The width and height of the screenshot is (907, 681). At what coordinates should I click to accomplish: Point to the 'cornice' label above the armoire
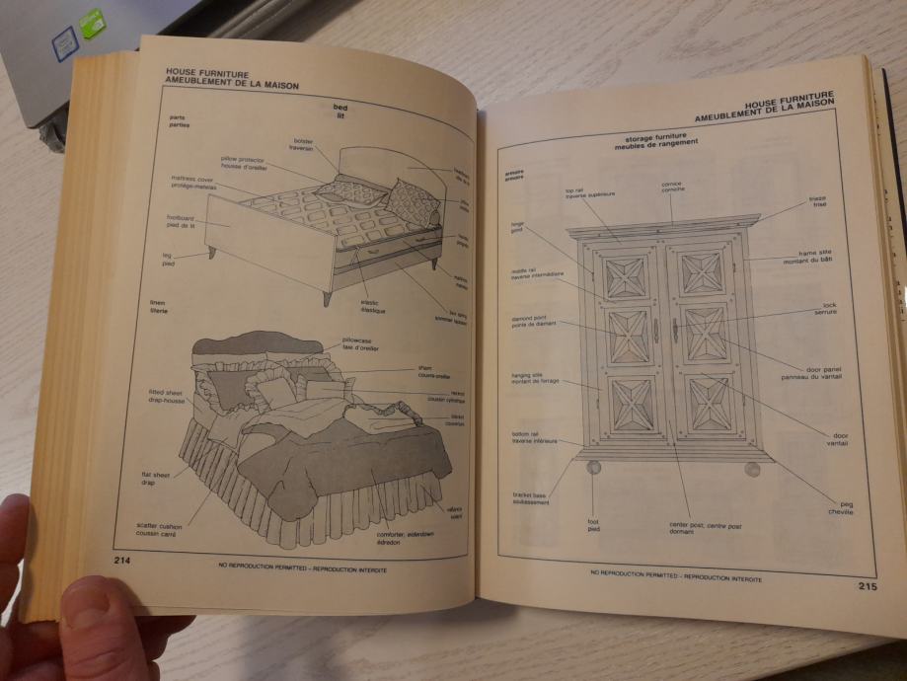673,186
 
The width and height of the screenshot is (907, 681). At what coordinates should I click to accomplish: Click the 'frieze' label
817,200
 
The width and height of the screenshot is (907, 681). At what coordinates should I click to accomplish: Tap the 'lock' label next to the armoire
825,308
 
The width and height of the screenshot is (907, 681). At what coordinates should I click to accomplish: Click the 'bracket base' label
530,498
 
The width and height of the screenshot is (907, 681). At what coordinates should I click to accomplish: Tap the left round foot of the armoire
593,467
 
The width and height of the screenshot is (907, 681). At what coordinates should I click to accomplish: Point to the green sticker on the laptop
91,21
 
